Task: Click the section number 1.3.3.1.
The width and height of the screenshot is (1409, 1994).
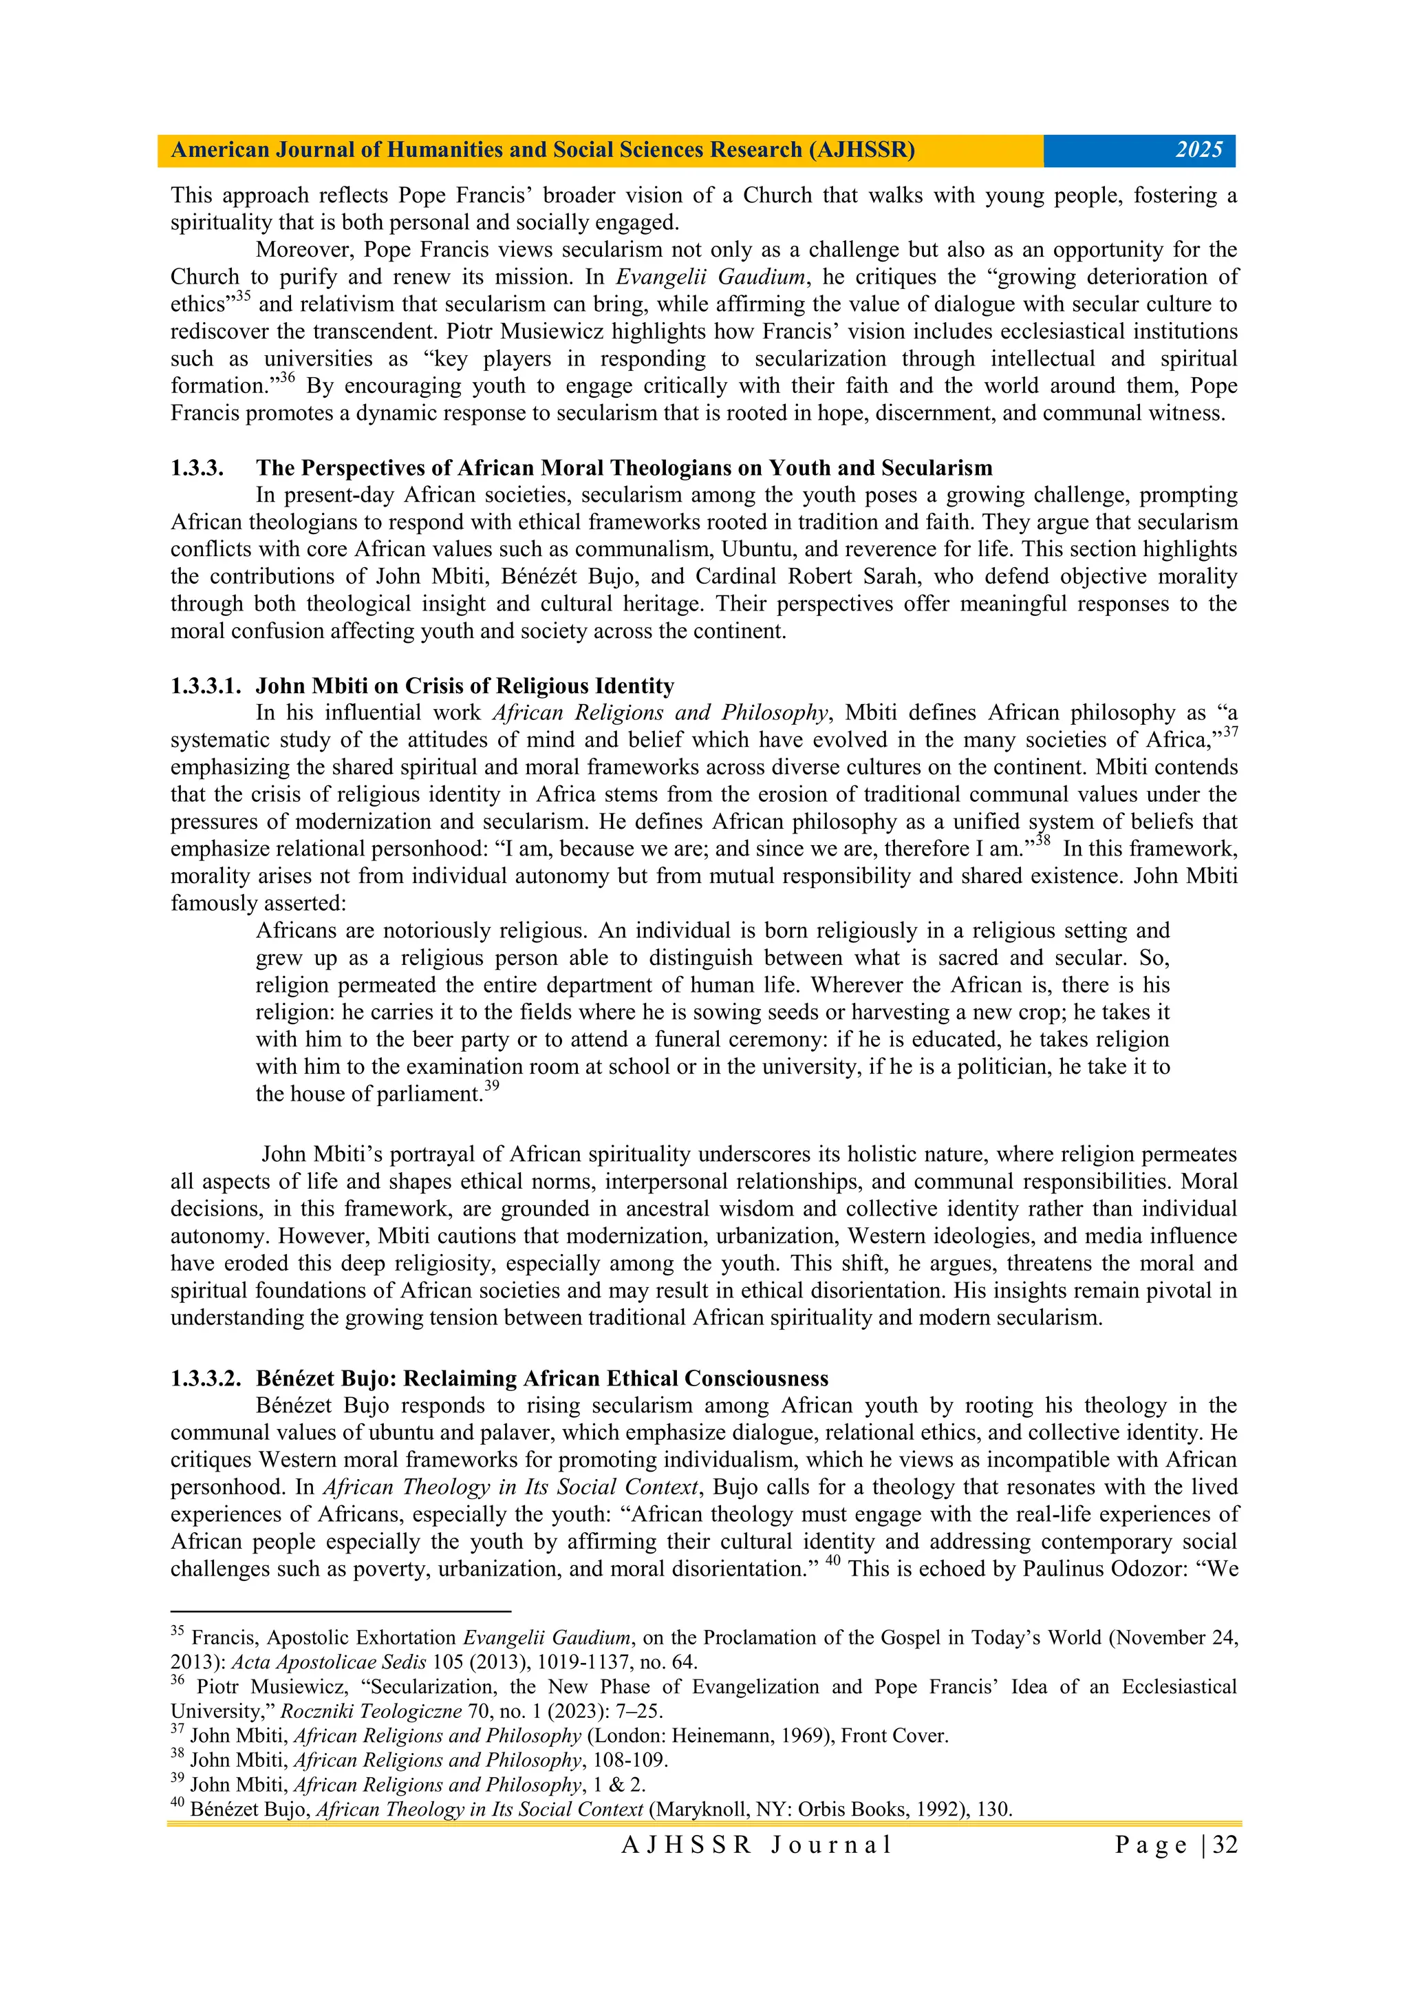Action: tap(205, 686)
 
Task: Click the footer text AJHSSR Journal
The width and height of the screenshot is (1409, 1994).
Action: tap(756, 1845)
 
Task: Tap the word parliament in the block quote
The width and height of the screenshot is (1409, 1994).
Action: tap(427, 1094)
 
